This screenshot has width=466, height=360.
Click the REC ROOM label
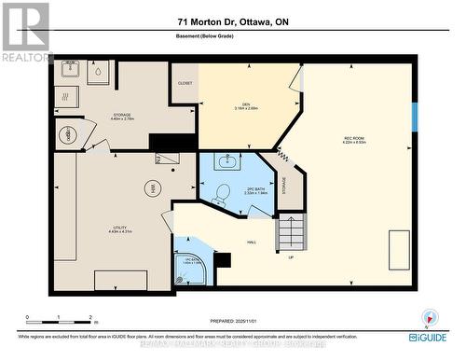pyautogui.click(x=353, y=141)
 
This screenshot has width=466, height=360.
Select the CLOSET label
pyautogui.click(x=185, y=83)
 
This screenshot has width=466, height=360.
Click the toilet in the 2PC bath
pyautogui.click(x=221, y=193)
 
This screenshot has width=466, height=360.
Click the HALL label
pyautogui.click(x=252, y=242)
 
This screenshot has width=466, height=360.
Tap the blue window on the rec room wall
pyautogui.click(x=415, y=115)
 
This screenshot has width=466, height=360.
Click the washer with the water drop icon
pyautogui.click(x=98, y=71)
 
